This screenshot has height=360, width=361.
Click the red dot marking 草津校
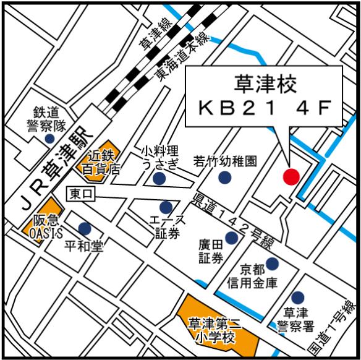291,176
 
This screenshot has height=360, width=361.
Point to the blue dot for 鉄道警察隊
48,139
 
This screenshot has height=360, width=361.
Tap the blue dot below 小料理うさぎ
159,179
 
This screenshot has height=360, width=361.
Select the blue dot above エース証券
166,207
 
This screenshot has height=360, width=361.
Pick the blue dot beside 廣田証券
232,238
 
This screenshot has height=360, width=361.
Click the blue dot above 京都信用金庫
272,264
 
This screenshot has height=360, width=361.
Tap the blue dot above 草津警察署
298,298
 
